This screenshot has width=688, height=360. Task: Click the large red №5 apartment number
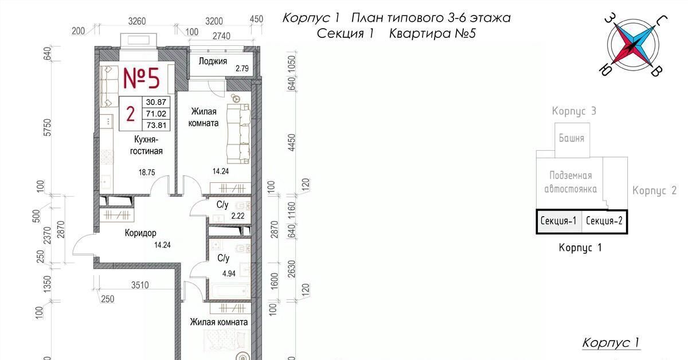coord(142,79)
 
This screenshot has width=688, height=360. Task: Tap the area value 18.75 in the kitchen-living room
coord(147,173)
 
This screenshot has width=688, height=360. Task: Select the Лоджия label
coord(213,61)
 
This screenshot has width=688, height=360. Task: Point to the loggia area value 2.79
coord(242,68)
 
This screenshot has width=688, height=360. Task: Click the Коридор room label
coord(140,233)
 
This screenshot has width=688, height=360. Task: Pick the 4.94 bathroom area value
coord(229,273)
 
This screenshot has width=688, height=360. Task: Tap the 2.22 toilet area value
coord(238,216)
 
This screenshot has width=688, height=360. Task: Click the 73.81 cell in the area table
coord(156,126)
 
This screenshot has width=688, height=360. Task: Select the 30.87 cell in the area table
coord(156,102)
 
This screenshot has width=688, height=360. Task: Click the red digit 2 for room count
coord(131,114)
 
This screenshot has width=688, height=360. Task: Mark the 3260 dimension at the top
coord(137,21)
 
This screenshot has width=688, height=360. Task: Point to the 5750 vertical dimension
coord(47,127)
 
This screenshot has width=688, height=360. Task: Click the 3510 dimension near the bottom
coord(140,285)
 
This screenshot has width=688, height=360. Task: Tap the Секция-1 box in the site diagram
coord(558,221)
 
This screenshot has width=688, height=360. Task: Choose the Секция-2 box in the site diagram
coord(604,221)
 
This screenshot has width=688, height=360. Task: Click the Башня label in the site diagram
coord(571,138)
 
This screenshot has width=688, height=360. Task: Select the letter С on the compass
coord(661,22)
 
